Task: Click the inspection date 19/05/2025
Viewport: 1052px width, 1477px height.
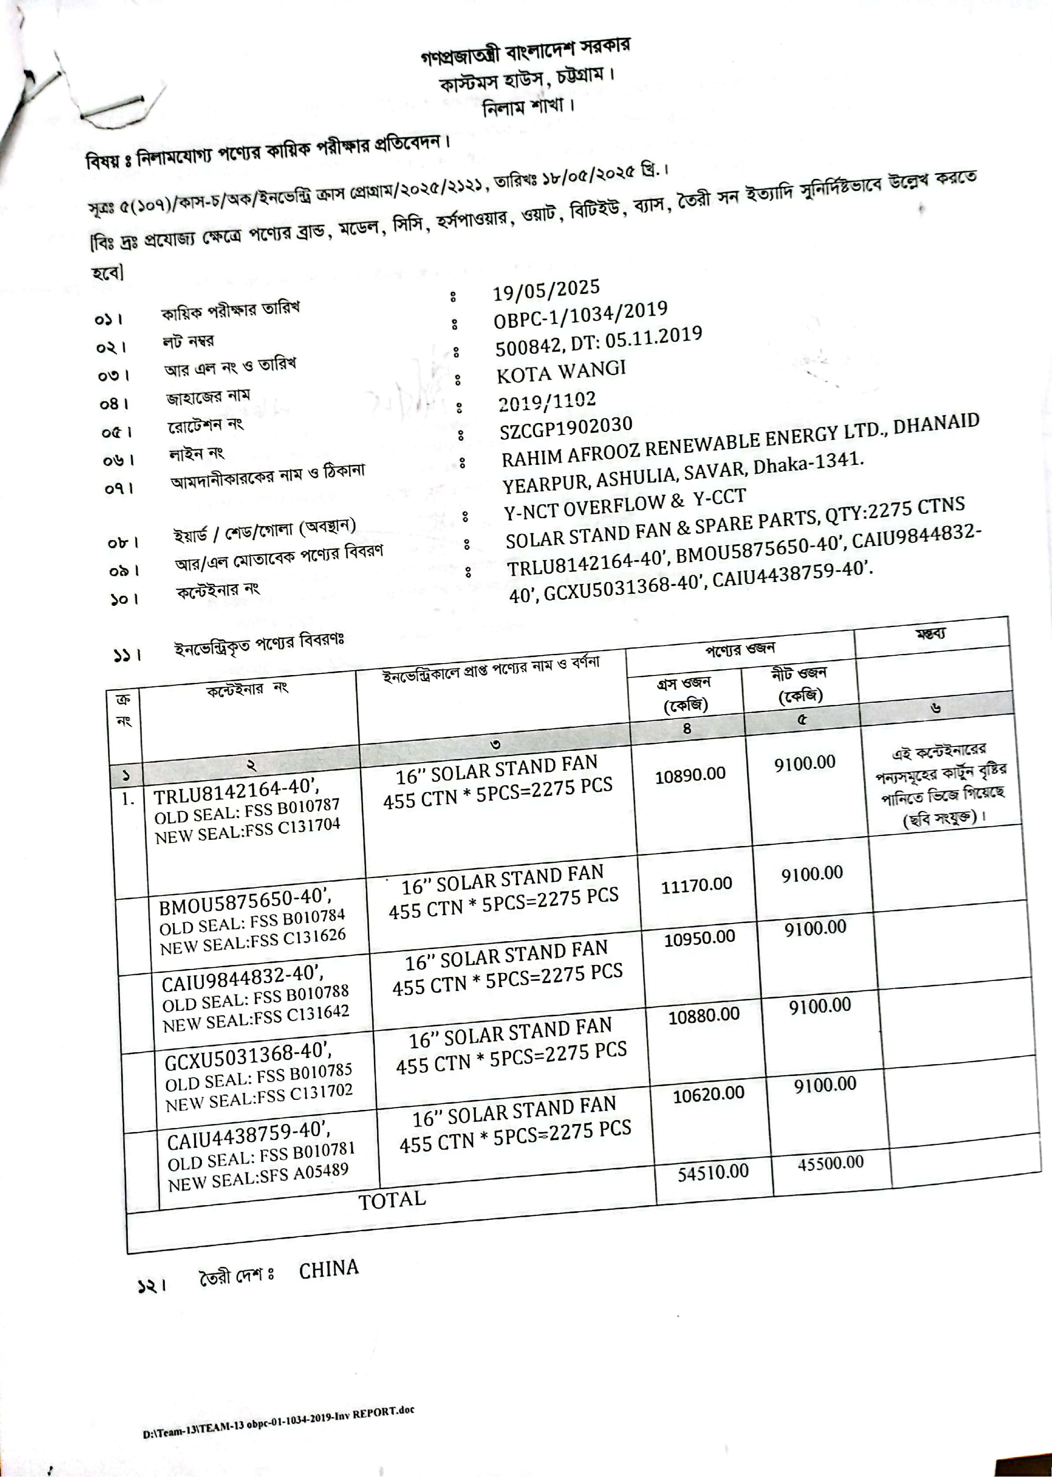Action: (x=546, y=291)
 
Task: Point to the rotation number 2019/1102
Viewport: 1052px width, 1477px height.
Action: (x=548, y=402)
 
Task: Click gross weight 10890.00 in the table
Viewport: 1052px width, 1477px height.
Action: (x=690, y=775)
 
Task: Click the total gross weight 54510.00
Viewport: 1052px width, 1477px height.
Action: (x=712, y=1173)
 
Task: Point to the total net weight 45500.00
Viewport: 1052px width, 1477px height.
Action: (x=830, y=1163)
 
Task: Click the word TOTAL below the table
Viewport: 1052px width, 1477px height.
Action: (x=392, y=1200)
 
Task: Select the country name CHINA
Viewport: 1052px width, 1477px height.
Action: (x=329, y=1269)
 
